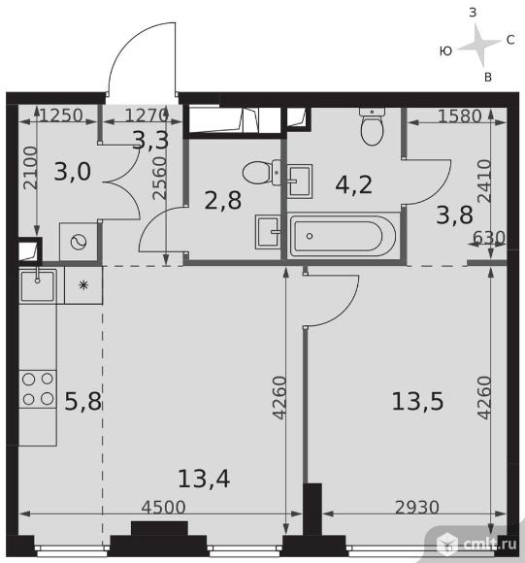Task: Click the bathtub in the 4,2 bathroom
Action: (x=344, y=236)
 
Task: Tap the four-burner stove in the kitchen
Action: (x=38, y=389)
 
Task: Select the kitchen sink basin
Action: (x=38, y=285)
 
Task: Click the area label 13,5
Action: (x=417, y=401)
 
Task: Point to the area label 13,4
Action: (x=204, y=479)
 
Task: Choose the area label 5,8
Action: (x=82, y=401)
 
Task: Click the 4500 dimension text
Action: (x=163, y=507)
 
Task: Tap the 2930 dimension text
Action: (x=417, y=507)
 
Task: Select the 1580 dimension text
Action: (x=460, y=116)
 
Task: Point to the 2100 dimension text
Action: (x=30, y=168)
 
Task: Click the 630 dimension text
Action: (x=489, y=238)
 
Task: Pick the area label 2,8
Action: (x=223, y=200)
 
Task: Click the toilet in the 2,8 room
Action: (x=261, y=173)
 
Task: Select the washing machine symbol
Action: (x=79, y=242)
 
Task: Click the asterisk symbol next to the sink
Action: (x=83, y=285)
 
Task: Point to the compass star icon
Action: (x=479, y=46)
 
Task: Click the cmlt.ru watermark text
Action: (x=490, y=544)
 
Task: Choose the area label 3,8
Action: (x=455, y=215)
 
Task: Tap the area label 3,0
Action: (x=73, y=171)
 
